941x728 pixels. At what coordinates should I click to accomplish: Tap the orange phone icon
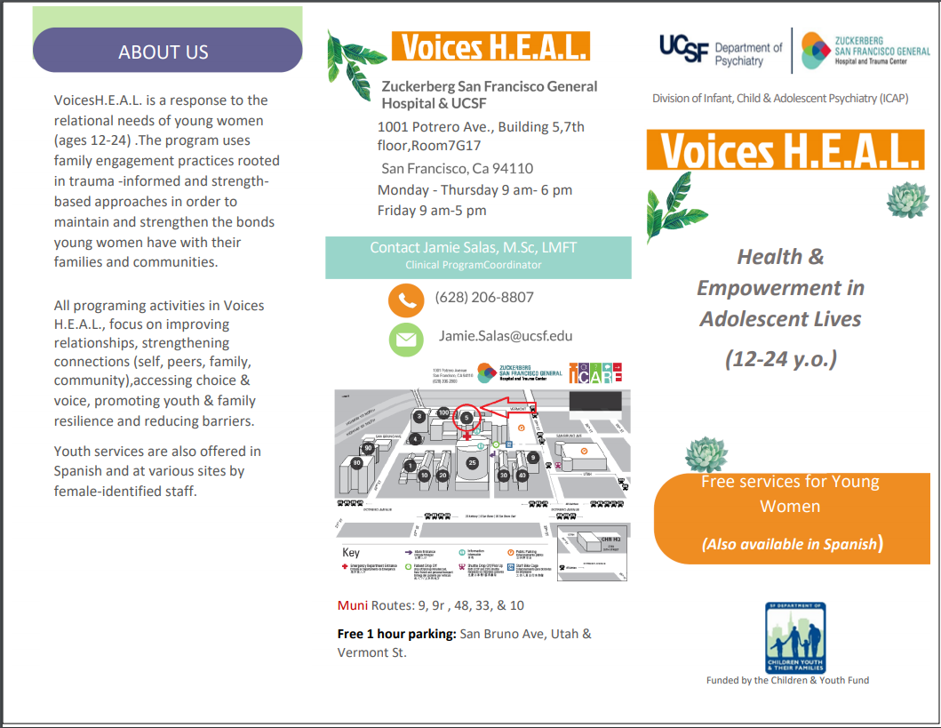[405, 300]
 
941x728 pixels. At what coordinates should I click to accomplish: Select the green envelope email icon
[405, 339]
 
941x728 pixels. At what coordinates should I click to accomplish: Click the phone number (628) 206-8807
[484, 297]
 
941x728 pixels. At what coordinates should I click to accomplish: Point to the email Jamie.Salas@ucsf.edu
[506, 335]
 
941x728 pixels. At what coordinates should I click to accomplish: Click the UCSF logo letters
[683, 50]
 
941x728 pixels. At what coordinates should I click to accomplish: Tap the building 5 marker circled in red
[467, 416]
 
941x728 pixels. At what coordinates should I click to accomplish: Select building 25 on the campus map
[473, 463]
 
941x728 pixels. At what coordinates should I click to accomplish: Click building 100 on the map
[443, 412]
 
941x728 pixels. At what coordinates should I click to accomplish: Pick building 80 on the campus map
[356, 462]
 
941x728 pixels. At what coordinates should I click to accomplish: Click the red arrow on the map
[502, 409]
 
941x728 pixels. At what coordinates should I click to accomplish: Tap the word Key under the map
[352, 552]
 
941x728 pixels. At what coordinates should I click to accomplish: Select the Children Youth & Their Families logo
[795, 637]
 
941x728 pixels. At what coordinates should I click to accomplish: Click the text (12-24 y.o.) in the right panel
[781, 359]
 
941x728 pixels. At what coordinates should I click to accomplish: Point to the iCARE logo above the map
[595, 372]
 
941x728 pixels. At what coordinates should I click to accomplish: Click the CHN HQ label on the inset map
[609, 537]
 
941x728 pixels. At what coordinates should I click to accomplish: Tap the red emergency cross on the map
[467, 436]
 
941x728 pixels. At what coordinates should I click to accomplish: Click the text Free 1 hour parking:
[396, 634]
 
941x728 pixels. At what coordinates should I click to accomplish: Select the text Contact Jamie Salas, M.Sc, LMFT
[473, 248]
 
